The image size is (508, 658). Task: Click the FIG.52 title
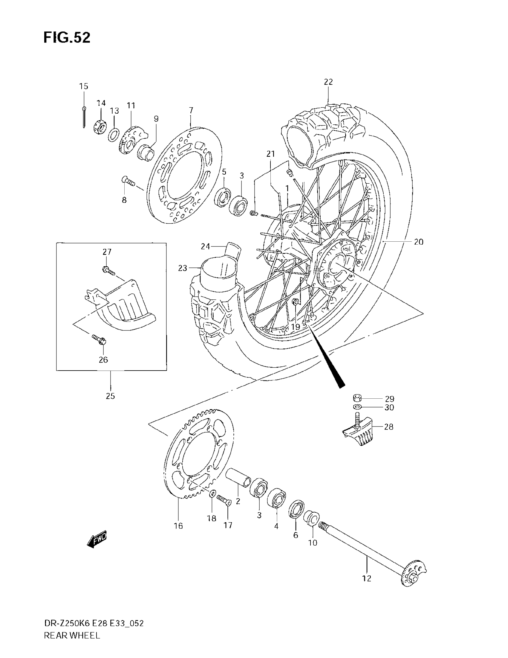pos(67,38)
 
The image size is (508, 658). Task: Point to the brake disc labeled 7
pos(184,175)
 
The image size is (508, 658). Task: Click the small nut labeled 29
pos(357,398)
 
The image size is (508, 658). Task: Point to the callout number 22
pos(328,82)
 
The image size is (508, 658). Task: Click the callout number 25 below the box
pos(111,396)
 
